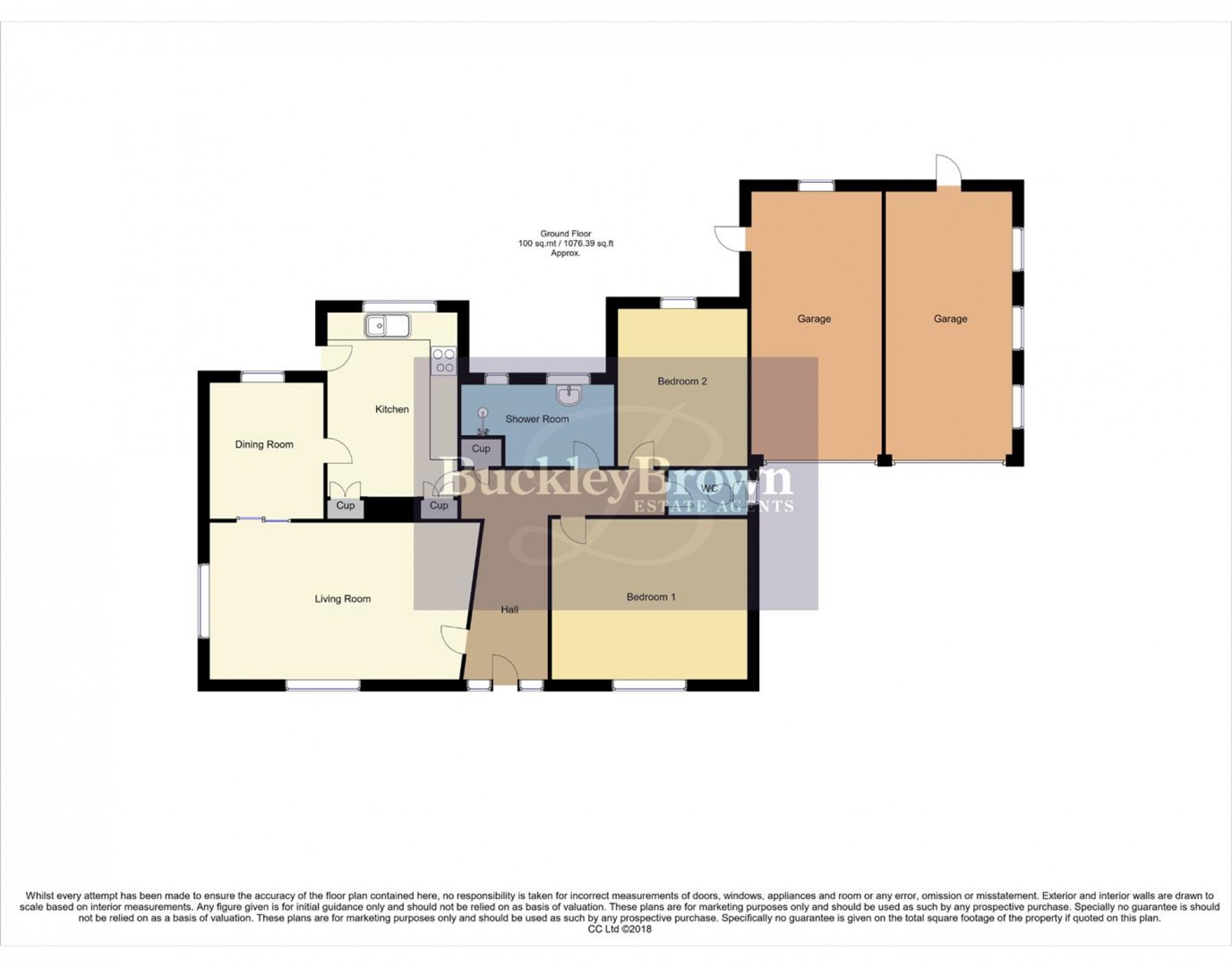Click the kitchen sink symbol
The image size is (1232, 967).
point(387,326)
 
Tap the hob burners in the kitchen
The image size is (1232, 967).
point(444,361)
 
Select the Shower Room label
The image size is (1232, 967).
point(537,419)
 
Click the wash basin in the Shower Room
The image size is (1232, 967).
point(569,394)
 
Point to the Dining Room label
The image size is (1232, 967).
point(264,444)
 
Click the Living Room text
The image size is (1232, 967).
point(342,599)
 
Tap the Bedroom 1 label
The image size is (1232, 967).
point(650,597)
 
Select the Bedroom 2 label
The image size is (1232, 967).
point(681,381)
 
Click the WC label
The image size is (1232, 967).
point(709,488)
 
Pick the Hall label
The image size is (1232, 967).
point(509,610)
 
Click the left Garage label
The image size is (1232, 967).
point(814,318)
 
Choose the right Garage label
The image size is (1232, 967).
point(950,318)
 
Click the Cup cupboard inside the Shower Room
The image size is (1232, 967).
point(480,449)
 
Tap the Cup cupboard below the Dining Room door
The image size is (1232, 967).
point(345,506)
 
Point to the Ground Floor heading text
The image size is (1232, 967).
point(565,233)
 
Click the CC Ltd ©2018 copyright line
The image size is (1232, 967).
point(619,929)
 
